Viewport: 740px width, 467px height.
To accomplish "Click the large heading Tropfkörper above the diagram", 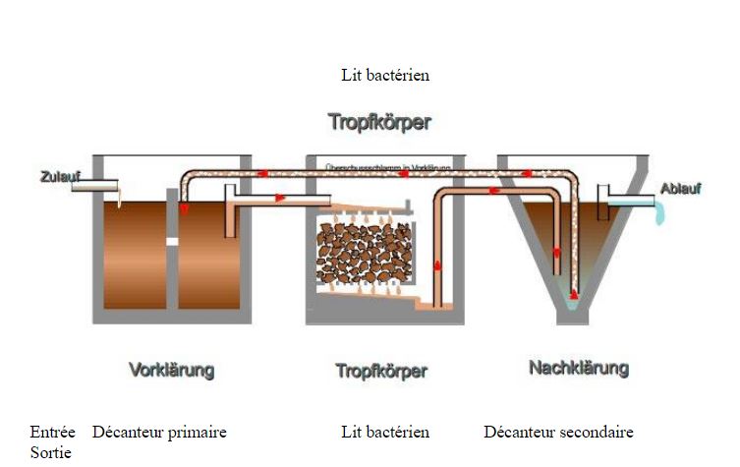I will pos(380,123).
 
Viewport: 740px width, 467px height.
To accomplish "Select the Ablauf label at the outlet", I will pos(680,189).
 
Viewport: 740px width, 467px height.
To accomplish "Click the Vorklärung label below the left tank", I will pos(171,371).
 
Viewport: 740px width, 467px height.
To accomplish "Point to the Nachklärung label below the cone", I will pos(579,369).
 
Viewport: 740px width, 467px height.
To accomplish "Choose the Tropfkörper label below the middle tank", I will pos(381,372).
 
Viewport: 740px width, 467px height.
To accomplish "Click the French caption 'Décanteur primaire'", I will pos(159,433).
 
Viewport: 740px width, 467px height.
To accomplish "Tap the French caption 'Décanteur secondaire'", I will pos(559,433).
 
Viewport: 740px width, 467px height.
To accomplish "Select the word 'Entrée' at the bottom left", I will pos(52,433).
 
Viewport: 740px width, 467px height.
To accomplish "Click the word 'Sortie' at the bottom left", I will pos(50,452).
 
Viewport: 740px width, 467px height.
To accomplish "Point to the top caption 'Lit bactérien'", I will pos(385,75).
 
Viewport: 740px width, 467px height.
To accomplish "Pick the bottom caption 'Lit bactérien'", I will pos(385,433).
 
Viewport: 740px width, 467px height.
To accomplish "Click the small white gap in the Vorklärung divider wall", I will pos(171,240).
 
